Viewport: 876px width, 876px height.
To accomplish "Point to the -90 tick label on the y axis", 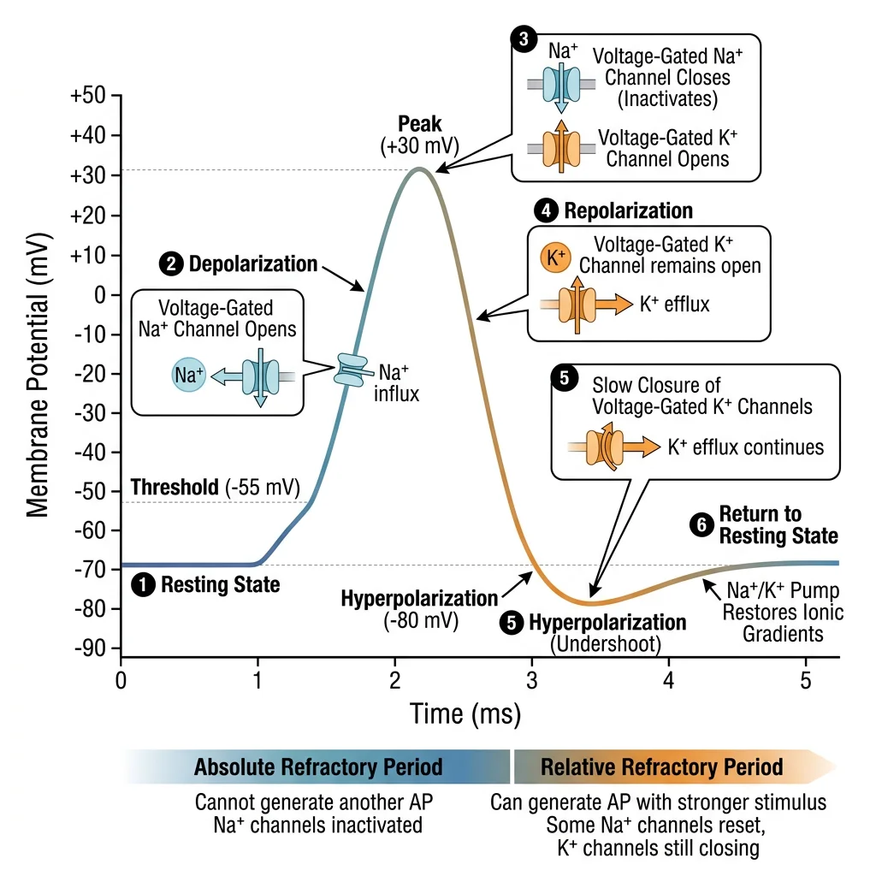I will [89, 648].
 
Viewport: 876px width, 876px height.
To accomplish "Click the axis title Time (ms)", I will [465, 713].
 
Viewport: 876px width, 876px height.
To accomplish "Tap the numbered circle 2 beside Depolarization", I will [173, 264].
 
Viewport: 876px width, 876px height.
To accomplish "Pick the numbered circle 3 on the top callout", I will [523, 38].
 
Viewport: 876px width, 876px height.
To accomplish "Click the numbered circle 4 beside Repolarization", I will [545, 210].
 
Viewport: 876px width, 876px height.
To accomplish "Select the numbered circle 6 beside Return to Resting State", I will [701, 526].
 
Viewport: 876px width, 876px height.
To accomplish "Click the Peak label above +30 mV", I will [420, 124].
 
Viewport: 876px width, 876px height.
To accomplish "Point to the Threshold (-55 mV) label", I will [215, 488].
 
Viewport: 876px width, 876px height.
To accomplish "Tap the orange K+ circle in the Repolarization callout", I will [554, 257].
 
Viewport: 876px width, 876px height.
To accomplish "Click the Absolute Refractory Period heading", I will [318, 766].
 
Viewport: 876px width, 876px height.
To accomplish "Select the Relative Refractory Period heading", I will [661, 766].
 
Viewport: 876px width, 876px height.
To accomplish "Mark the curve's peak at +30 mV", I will [418, 169].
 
